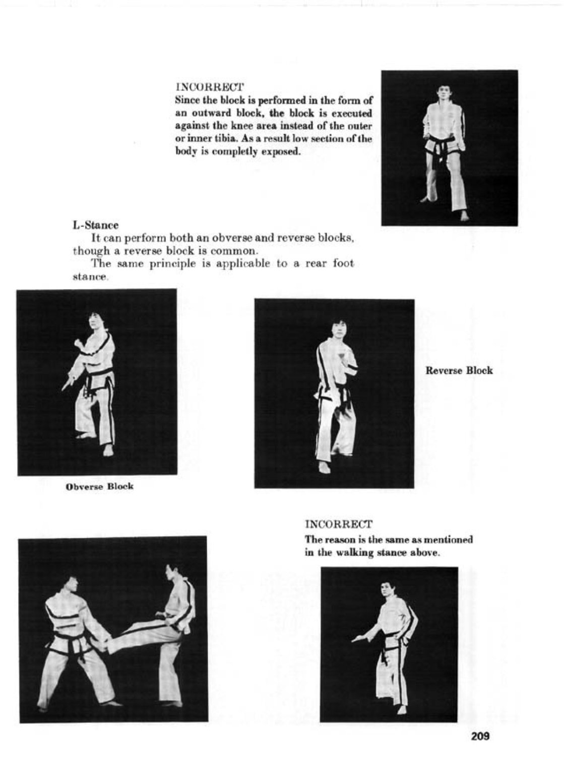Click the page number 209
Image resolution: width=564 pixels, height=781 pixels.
click(480, 736)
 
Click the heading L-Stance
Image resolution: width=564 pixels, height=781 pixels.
click(96, 225)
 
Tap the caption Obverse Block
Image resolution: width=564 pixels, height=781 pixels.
click(100, 486)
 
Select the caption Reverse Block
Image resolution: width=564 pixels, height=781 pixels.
click(459, 370)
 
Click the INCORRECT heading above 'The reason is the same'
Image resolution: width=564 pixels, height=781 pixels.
click(338, 524)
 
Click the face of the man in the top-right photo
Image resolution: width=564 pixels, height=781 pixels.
click(444, 94)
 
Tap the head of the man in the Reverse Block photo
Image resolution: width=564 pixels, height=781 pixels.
click(338, 328)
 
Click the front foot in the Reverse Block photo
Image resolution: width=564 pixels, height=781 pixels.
click(325, 468)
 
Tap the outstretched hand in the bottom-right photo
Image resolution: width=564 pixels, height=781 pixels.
click(357, 639)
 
